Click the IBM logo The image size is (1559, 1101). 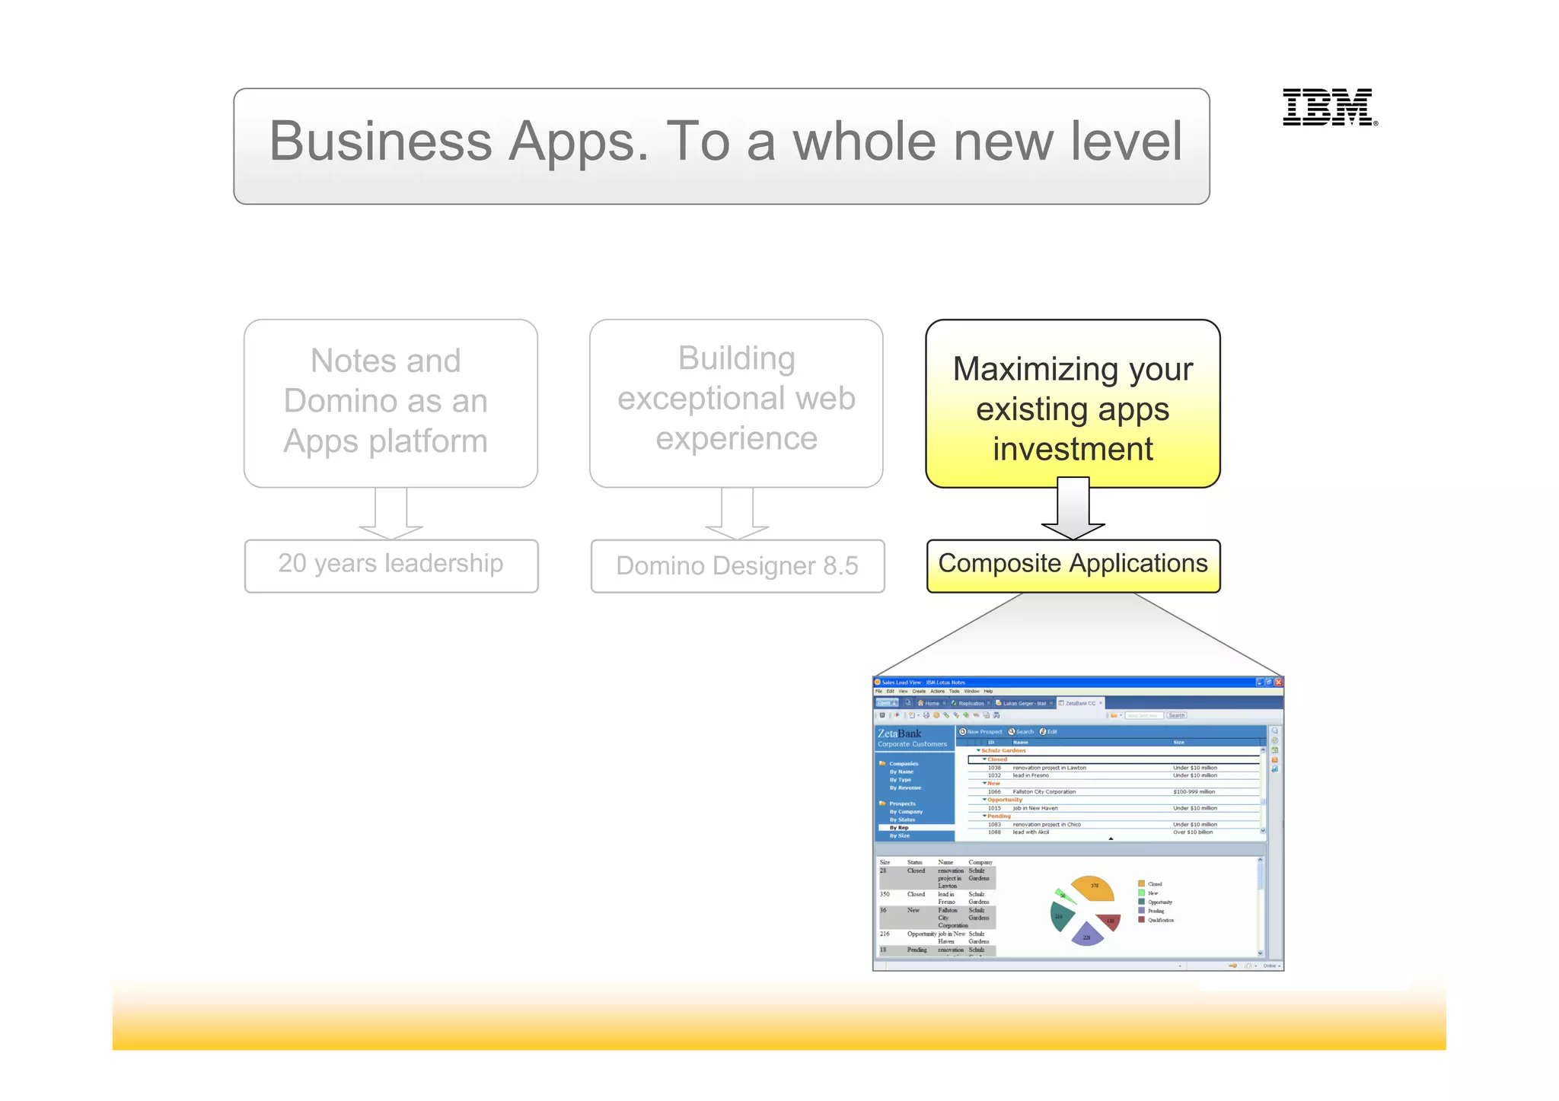[1329, 107]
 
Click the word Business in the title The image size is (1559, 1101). [381, 142]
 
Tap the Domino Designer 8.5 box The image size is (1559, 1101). [737, 566]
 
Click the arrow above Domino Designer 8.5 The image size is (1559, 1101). [737, 513]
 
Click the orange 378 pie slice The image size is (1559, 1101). [1093, 887]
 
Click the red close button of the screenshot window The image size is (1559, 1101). [1278, 683]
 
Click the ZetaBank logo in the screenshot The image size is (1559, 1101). [899, 734]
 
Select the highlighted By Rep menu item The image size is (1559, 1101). [899, 828]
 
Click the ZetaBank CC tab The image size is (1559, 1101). [1079, 704]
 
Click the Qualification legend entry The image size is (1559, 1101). [1159, 920]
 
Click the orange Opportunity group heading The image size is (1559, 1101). [1004, 800]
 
